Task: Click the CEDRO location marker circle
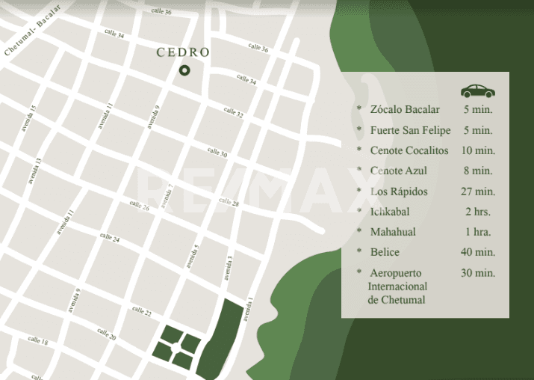click(184, 70)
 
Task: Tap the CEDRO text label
click(183, 52)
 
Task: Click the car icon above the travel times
click(478, 91)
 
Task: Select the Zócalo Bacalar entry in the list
click(405, 111)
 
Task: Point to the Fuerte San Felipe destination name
click(410, 131)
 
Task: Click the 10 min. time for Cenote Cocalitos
click(478, 151)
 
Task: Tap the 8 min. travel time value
click(478, 171)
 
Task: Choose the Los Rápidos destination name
click(399, 191)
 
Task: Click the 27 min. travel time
click(478, 191)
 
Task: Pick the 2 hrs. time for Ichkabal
click(478, 212)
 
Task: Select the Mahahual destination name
click(393, 232)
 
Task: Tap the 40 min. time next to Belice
click(478, 252)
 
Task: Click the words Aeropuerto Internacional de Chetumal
click(398, 286)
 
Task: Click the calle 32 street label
click(234, 113)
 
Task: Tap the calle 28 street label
click(229, 203)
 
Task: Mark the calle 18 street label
click(38, 341)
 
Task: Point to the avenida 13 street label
click(34, 171)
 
